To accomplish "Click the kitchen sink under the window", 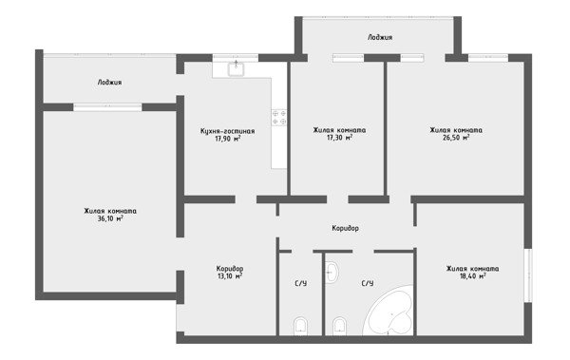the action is [x=237, y=69].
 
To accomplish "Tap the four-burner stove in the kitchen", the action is [x=279, y=118].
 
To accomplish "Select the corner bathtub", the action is [x=389, y=310].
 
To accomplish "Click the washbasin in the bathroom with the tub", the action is [x=332, y=272].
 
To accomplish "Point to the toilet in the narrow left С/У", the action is [x=300, y=326].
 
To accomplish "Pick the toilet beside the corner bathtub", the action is [x=339, y=326].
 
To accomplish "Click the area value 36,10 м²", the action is [x=110, y=218].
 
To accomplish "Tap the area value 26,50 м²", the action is [x=456, y=138].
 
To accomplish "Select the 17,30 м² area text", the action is [x=339, y=138].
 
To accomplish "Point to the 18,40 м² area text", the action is [x=472, y=276].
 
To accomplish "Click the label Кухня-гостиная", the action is [x=228, y=131].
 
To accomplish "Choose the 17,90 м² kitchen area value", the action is [x=228, y=139].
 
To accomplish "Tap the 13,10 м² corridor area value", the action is [x=230, y=276].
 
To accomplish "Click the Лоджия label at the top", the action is [x=380, y=37].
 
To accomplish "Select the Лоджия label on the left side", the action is [x=110, y=83].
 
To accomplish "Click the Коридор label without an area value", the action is [x=346, y=228].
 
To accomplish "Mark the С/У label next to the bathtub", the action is [x=367, y=283].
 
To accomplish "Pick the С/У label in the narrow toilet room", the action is [x=300, y=283].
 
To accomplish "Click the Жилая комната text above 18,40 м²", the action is [x=472, y=269].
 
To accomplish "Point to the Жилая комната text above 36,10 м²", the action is [x=110, y=211].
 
